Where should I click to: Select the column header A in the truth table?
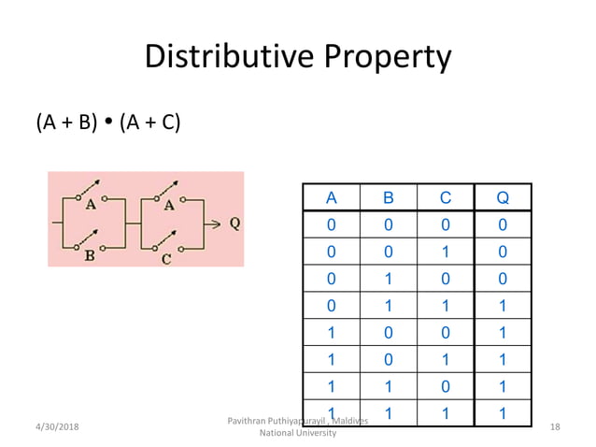[332, 197]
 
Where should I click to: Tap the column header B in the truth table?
[389, 197]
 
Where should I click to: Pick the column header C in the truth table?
[446, 197]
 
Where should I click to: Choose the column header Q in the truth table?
[503, 197]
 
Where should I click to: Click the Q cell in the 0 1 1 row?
[503, 306]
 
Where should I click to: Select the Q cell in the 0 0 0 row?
[503, 224]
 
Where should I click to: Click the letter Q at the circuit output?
[234, 223]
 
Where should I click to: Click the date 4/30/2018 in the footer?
[57, 427]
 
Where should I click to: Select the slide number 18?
[555, 427]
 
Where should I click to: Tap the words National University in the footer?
[298, 434]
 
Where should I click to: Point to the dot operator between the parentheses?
[109, 123]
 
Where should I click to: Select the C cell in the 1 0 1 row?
[446, 360]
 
